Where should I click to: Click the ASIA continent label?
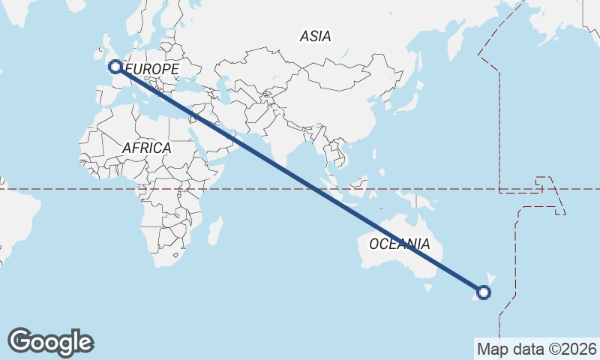point(315,36)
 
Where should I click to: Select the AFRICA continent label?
point(146,148)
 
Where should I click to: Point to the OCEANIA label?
point(400,244)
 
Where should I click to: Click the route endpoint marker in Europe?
point(115,67)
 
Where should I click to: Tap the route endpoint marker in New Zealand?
point(484,292)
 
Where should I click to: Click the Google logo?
point(50,342)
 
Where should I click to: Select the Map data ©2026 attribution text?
point(536,349)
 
